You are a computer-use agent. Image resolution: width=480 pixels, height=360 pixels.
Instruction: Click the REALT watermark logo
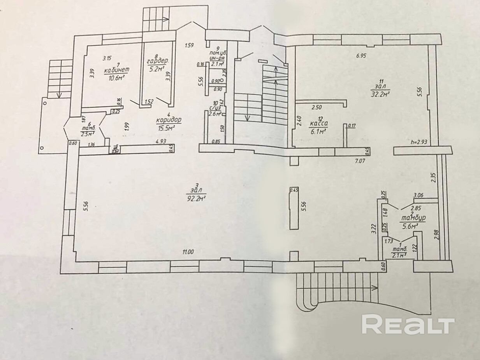click(408, 324)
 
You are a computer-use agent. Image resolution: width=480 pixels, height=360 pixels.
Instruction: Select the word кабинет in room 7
click(117, 70)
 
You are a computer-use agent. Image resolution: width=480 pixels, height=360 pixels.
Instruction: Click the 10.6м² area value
click(116, 78)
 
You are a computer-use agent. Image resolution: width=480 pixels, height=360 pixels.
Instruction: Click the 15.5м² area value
click(165, 128)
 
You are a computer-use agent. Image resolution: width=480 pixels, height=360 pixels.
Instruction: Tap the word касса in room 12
click(318, 125)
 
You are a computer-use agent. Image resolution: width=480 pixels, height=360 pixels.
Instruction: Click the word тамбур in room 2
click(413, 218)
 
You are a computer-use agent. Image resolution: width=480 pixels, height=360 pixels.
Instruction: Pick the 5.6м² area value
click(410, 226)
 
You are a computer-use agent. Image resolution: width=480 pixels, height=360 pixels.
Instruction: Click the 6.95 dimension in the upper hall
click(362, 56)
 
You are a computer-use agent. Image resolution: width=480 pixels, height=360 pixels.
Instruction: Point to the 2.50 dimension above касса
click(317, 107)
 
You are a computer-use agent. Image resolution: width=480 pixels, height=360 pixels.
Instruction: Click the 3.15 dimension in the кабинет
click(107, 58)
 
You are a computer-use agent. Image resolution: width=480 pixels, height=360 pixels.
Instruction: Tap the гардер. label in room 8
click(157, 62)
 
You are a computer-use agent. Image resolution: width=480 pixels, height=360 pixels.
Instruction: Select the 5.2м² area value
click(157, 70)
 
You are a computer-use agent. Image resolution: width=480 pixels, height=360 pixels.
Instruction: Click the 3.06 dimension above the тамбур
click(419, 195)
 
